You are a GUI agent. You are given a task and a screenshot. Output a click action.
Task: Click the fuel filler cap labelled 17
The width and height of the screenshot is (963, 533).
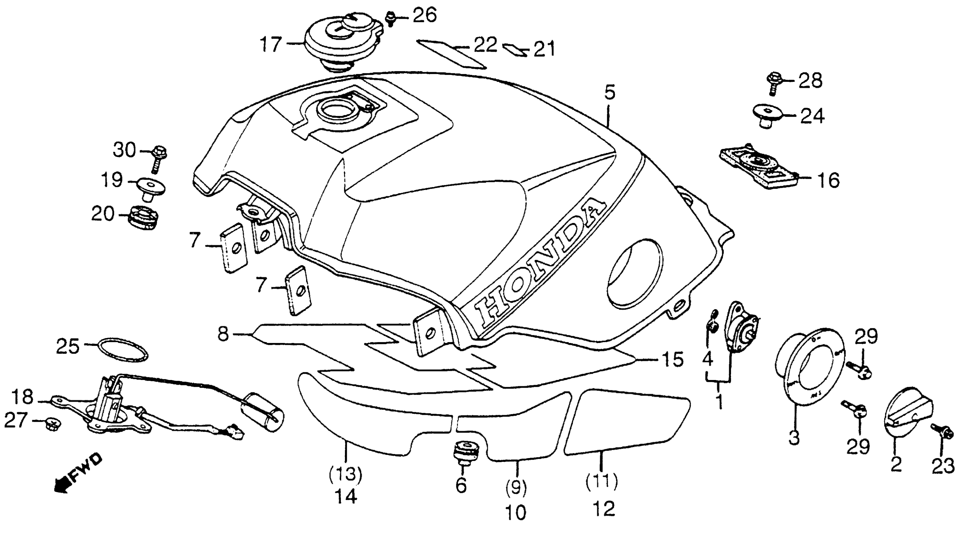coord(342,41)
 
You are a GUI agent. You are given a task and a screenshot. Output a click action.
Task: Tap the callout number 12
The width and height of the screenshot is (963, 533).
coord(603,509)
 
